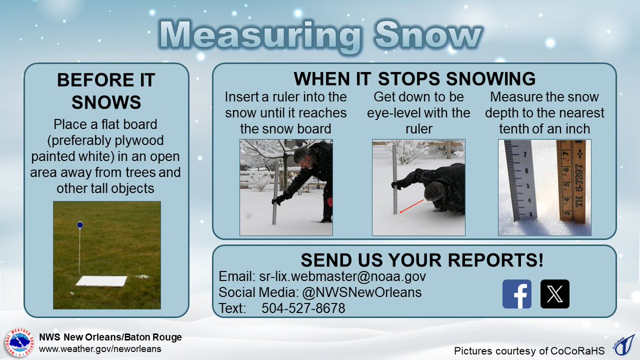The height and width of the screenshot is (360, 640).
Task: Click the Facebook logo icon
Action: [517, 294]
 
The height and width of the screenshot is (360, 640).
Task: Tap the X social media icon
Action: [555, 294]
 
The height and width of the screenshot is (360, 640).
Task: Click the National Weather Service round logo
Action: [20, 343]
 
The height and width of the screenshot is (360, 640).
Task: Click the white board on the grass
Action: [101, 281]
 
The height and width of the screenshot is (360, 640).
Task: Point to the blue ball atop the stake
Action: [79, 225]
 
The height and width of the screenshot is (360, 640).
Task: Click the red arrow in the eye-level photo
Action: [412, 206]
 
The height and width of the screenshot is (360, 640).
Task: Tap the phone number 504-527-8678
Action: [303, 308]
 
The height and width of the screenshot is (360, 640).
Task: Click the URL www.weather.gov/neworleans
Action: [100, 349]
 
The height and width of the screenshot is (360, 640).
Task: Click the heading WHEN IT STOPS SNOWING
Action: [414, 79]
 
